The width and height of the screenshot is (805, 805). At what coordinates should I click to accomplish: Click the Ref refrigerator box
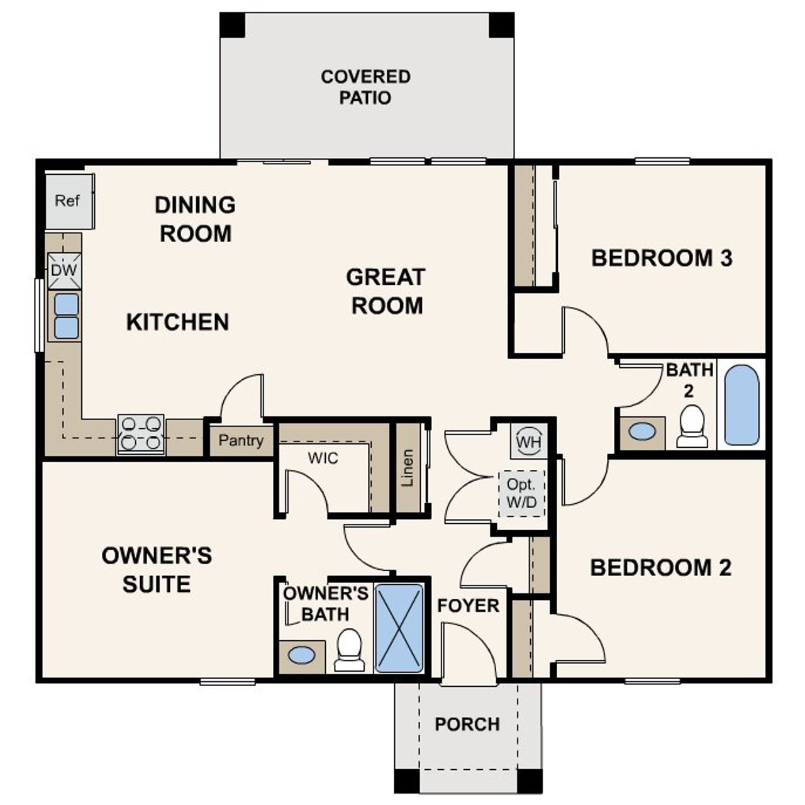pyautogui.click(x=69, y=201)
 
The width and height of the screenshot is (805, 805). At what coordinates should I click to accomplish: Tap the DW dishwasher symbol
pyautogui.click(x=64, y=270)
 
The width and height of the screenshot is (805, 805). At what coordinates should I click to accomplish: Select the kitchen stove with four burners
pyautogui.click(x=141, y=434)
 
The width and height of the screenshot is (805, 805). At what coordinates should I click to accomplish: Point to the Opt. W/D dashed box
pyautogui.click(x=521, y=494)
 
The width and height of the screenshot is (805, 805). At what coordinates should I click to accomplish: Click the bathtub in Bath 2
pyautogui.click(x=741, y=405)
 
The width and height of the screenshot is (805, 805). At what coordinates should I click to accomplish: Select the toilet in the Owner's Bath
pyautogui.click(x=349, y=650)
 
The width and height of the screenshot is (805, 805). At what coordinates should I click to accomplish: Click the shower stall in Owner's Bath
pyautogui.click(x=399, y=628)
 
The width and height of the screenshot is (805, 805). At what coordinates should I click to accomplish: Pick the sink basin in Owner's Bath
pyautogui.click(x=301, y=655)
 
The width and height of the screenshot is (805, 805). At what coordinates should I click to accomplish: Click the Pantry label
pyautogui.click(x=240, y=441)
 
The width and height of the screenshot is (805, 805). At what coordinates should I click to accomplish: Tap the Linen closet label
pyautogui.click(x=408, y=468)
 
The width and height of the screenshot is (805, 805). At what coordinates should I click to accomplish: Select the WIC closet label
pyautogui.click(x=323, y=458)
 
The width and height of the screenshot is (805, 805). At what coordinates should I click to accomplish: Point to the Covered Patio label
pyautogui.click(x=365, y=87)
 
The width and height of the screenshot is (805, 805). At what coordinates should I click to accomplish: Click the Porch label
pyautogui.click(x=467, y=724)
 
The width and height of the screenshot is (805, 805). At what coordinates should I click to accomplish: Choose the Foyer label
pyautogui.click(x=468, y=606)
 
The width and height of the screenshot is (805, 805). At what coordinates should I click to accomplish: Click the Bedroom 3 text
pyautogui.click(x=662, y=258)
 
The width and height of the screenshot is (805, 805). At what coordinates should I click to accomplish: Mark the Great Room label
pyautogui.click(x=386, y=291)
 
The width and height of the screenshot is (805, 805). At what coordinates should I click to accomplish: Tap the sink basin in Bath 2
pyautogui.click(x=642, y=432)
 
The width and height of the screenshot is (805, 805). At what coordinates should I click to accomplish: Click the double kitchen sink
pyautogui.click(x=66, y=316)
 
